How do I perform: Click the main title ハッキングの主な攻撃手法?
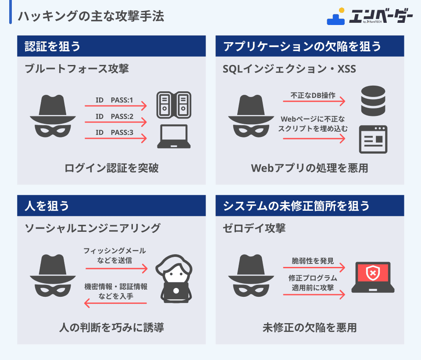pos(91,17)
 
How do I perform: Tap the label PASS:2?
pos(122,116)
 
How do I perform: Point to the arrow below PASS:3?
pos(116,139)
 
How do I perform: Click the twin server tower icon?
pos(174,105)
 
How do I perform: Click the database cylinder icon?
pos(372,101)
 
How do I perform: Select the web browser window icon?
pos(373,139)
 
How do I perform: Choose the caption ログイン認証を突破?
pos(111,168)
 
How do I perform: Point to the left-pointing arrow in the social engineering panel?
pos(116,303)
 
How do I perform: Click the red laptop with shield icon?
pos(373,277)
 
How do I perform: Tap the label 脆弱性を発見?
pos(313,261)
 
